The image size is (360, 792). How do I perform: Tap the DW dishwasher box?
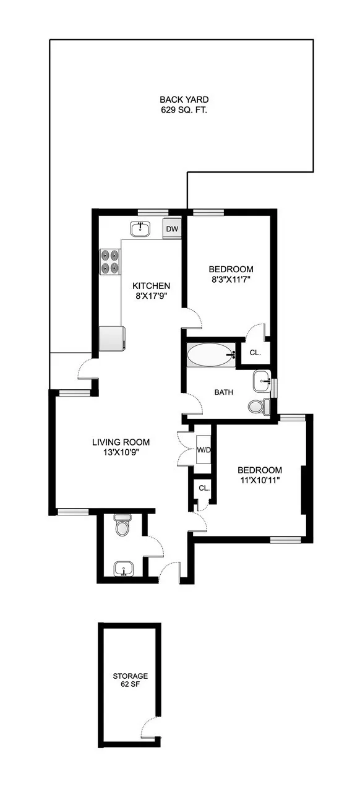(172, 229)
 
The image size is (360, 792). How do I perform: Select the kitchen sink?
(141, 229)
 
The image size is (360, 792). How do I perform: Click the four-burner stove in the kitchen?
(110, 261)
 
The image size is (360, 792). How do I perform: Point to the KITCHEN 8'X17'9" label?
(152, 291)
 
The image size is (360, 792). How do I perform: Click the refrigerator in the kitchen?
(112, 338)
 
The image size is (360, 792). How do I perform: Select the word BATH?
(223, 392)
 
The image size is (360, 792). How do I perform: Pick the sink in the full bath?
(262, 381)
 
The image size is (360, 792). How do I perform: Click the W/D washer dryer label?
(204, 449)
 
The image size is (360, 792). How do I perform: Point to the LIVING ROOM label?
(121, 447)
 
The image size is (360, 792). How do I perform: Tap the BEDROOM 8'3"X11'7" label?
(231, 274)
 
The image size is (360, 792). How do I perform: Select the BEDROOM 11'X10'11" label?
(260, 475)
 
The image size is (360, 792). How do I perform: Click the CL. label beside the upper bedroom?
(255, 353)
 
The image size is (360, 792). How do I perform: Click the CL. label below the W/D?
(204, 488)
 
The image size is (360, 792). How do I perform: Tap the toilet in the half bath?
(123, 527)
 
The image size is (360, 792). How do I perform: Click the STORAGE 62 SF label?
(130, 681)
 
